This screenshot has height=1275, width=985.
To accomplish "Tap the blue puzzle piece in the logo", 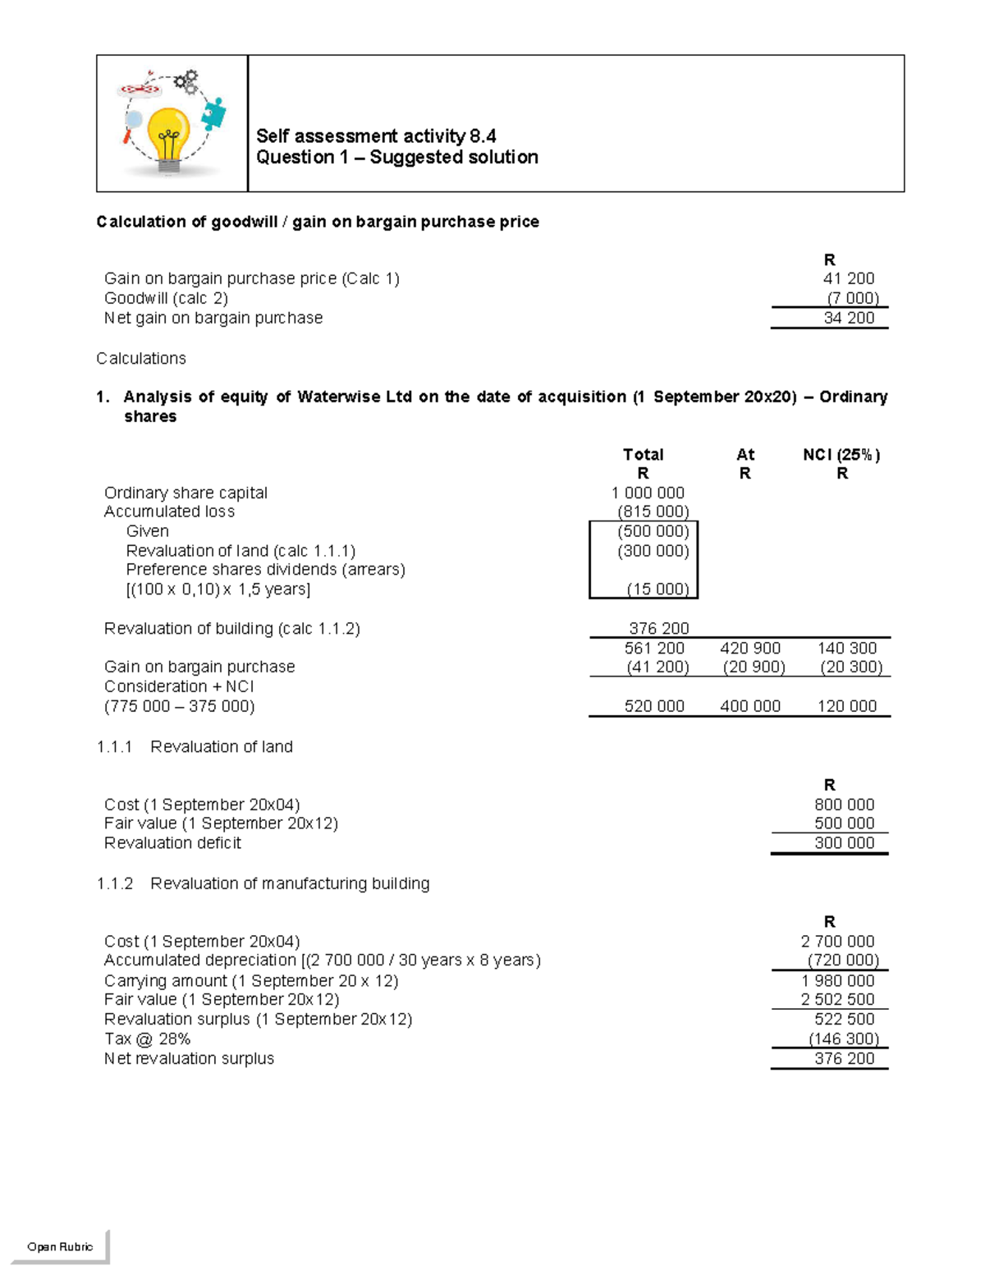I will click(214, 114).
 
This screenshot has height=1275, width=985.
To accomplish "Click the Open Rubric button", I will click(60, 1246).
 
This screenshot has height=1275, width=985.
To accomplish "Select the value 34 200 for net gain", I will click(849, 318).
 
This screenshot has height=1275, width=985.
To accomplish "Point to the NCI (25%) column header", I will click(841, 454).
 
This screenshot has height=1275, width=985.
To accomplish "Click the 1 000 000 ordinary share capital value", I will click(648, 493).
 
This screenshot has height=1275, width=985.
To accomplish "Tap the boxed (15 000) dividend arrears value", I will click(657, 589).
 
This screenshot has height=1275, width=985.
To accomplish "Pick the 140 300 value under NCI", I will click(847, 648).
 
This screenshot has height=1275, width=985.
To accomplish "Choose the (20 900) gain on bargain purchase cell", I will click(754, 667).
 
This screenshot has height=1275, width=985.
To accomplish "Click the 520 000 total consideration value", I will click(654, 706).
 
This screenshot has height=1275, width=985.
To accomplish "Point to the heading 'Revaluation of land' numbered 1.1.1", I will click(221, 746).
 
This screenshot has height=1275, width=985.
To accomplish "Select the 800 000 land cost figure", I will click(844, 805).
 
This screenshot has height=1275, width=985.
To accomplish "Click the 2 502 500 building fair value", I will click(837, 999).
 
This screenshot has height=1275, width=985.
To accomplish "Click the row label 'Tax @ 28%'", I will click(147, 1039).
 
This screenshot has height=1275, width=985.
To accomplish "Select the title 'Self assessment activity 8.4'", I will click(376, 135).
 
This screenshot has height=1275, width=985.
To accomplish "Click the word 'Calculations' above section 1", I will click(141, 358).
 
